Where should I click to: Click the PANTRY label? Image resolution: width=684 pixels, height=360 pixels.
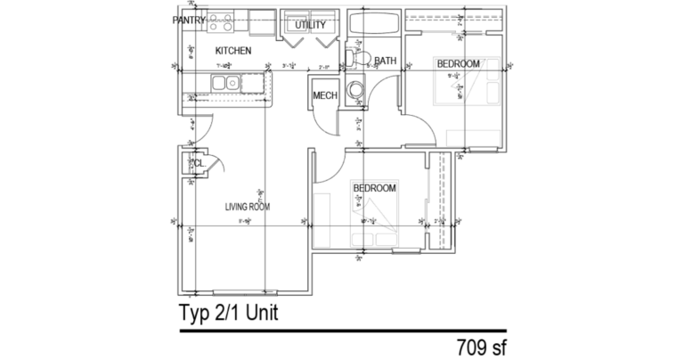point(190,20)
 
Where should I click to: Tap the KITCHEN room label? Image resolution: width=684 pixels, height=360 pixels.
point(233,51)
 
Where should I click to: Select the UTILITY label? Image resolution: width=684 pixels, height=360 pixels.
point(310,25)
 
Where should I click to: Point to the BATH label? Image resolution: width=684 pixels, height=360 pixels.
point(386,61)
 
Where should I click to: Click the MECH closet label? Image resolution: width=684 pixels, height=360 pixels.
point(322,96)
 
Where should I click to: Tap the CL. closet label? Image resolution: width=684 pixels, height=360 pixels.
point(198,164)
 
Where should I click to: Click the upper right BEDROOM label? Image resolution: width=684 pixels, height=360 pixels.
point(458,63)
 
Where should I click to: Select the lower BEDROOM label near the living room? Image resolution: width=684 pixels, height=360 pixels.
point(374,188)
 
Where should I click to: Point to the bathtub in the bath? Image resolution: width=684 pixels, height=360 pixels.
point(372,25)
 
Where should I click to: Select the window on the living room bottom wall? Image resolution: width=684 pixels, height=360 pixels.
point(243,291)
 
